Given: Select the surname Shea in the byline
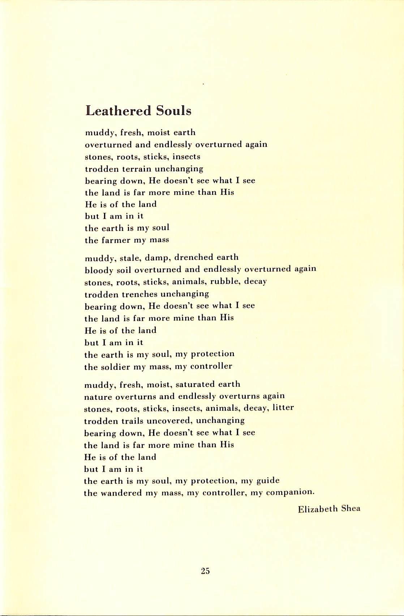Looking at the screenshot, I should [351, 509].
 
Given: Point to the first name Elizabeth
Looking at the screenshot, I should [318, 509].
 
